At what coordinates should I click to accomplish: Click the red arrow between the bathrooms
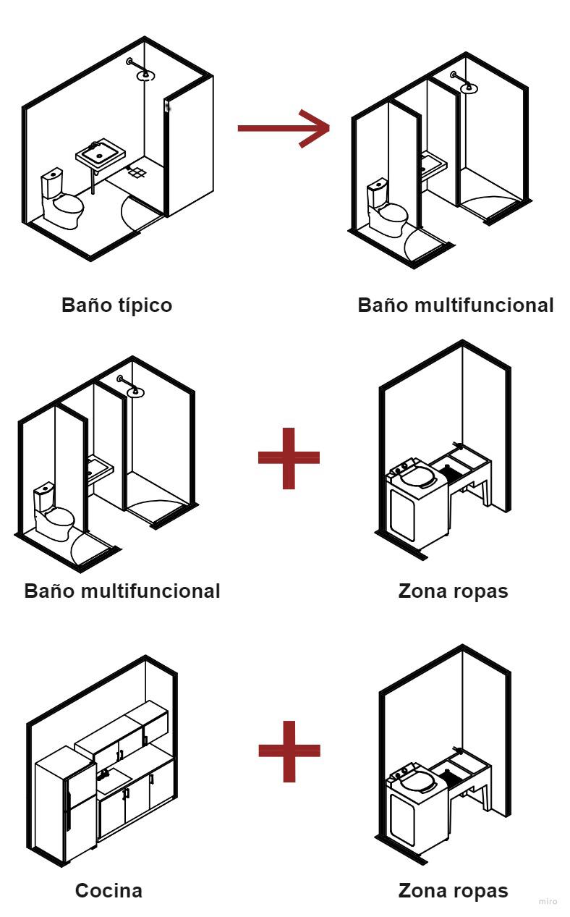click(284, 128)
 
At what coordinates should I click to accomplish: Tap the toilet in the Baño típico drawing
click(61, 199)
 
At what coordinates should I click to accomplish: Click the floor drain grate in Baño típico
click(137, 172)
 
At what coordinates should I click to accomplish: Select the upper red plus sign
click(289, 459)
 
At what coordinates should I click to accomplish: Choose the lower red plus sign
click(289, 751)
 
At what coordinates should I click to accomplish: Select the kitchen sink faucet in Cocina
click(103, 774)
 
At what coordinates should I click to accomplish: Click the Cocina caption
click(109, 891)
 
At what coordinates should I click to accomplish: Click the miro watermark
click(548, 901)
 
